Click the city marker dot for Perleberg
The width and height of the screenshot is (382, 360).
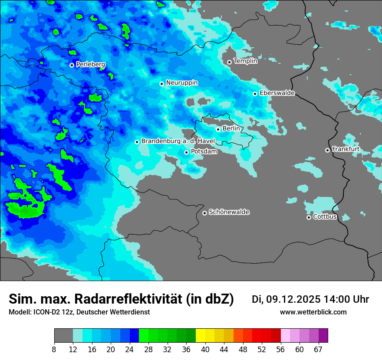72,65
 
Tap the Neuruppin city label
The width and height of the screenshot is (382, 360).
181,82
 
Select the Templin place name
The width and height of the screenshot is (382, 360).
245,61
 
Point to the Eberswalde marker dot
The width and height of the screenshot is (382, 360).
255,94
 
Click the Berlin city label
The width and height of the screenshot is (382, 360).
231,128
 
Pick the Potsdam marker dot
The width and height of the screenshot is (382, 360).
186,152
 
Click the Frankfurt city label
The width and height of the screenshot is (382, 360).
346,149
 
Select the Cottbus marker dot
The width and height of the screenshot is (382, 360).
309,217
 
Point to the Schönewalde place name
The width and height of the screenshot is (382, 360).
229,212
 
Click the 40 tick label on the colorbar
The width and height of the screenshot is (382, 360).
205,350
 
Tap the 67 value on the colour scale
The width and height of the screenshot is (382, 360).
318,350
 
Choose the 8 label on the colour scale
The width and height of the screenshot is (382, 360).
54,350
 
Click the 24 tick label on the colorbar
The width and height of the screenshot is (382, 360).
129,350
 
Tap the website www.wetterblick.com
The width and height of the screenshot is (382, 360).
313,312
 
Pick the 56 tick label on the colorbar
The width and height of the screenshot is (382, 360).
280,350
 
